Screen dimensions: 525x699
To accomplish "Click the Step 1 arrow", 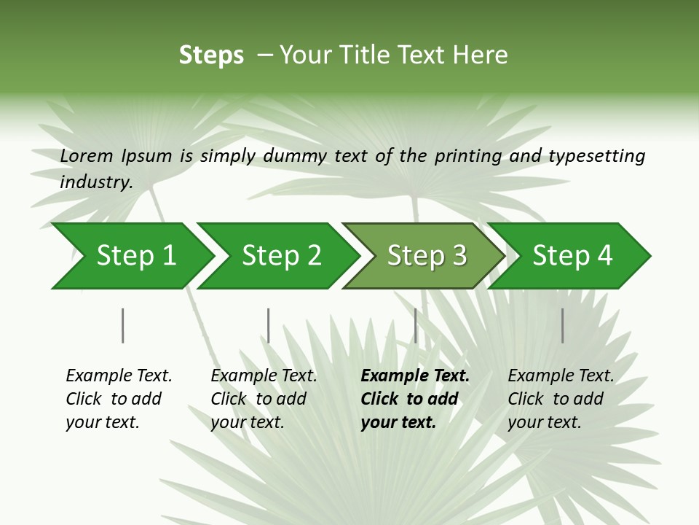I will point(131,256).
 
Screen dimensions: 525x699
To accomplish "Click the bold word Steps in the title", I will point(211,55).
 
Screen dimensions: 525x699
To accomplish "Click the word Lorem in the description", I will point(86,155).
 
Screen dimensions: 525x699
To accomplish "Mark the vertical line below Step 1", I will point(123,325).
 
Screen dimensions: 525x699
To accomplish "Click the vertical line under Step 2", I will point(269,325).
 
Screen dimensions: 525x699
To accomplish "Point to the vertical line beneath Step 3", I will point(416,325).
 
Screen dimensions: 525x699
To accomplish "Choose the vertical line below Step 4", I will point(562,325).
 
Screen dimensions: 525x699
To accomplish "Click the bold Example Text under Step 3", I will point(415,376).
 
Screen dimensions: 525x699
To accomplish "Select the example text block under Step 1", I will point(119,399).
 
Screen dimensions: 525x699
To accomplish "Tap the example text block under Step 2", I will point(264,399).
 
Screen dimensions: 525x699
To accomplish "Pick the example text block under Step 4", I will point(561,399).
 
